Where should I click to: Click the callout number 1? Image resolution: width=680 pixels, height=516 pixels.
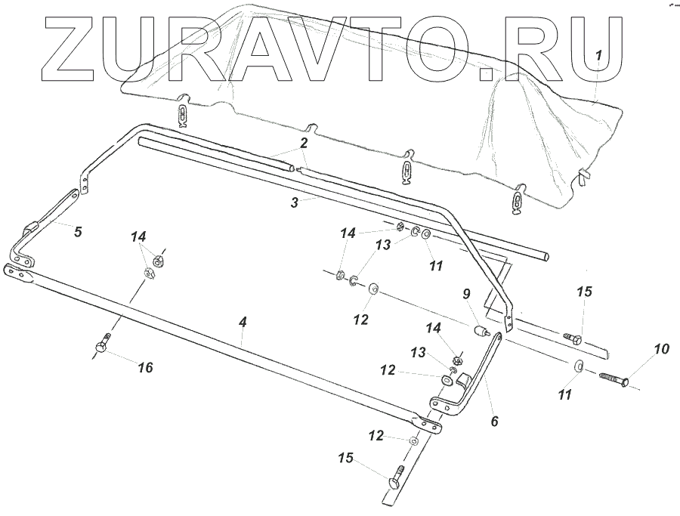598,55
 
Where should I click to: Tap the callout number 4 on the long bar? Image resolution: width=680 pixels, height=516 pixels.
242,322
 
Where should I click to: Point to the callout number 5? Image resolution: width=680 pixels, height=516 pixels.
77,232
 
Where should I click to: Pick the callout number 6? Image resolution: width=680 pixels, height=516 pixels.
495,421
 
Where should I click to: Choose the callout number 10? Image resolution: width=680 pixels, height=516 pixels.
661,349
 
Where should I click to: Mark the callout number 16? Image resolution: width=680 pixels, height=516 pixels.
145,367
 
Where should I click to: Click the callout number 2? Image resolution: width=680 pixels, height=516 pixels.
303,142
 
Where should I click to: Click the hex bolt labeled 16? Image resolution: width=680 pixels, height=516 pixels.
102,346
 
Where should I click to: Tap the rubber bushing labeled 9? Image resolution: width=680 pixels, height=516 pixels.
478,330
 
